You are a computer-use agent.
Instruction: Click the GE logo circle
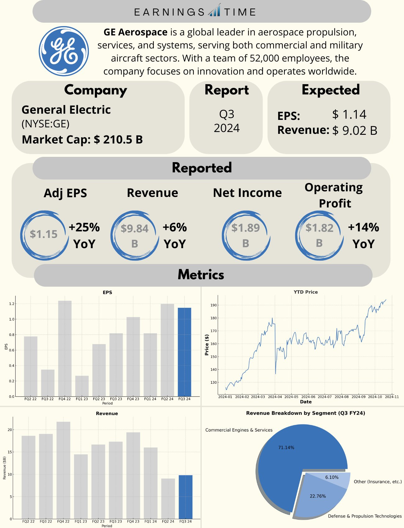pyautogui.click(x=64, y=51)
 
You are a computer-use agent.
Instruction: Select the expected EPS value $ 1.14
pyautogui.click(x=349, y=115)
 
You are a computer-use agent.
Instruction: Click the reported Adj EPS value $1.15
pyautogui.click(x=44, y=234)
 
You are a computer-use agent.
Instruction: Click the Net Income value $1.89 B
pyautogui.click(x=246, y=235)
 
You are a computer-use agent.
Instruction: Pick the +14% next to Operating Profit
pyautogui.click(x=363, y=228)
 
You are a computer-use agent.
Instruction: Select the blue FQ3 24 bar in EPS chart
pyautogui.click(x=184, y=352)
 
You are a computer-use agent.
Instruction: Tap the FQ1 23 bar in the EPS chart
pyautogui.click(x=82, y=386)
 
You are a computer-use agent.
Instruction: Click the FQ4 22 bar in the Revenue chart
pyautogui.click(x=63, y=470)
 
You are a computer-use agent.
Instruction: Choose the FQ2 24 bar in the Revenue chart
pyautogui.click(x=168, y=498)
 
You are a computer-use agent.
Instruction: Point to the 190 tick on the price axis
pyautogui.click(x=213, y=305)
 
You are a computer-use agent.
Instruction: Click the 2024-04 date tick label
pyautogui.click(x=275, y=397)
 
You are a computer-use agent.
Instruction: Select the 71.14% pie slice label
pyautogui.click(x=286, y=448)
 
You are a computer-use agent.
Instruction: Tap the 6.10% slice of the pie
pyautogui.click(x=332, y=477)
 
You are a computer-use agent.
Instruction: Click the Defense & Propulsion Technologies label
pyautogui.click(x=365, y=516)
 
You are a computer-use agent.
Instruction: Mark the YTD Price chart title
pyautogui.click(x=305, y=292)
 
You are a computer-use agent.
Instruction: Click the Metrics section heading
pyautogui.click(x=201, y=275)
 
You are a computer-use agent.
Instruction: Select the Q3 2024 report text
pyautogui.click(x=227, y=121)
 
